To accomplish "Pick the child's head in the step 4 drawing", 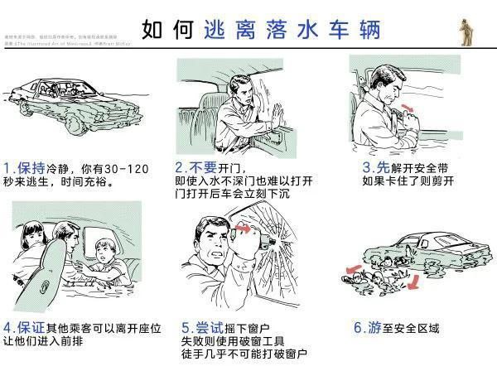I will [x=104, y=249].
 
